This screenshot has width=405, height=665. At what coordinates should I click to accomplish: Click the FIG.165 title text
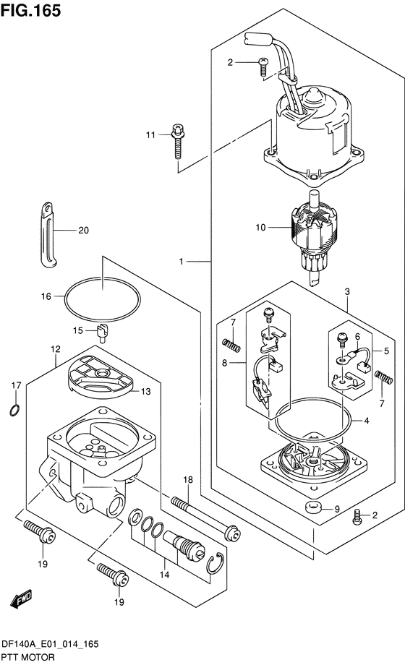[30, 10]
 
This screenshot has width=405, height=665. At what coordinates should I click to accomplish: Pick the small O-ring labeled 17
[14, 410]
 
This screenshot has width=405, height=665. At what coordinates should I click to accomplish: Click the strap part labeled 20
[48, 235]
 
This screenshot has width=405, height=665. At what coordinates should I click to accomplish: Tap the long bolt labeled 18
[205, 518]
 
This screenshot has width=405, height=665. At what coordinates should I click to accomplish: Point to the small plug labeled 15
[103, 332]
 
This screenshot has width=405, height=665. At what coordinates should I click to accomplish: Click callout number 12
[56, 348]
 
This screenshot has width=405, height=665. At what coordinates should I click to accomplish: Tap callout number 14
[165, 574]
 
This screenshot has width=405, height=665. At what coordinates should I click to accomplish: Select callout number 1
[182, 262]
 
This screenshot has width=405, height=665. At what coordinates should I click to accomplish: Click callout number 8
[224, 363]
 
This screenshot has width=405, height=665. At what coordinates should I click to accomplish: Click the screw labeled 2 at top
[263, 67]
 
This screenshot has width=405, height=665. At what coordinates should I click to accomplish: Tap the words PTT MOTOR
[28, 657]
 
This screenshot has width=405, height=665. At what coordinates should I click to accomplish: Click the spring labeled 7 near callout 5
[384, 377]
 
